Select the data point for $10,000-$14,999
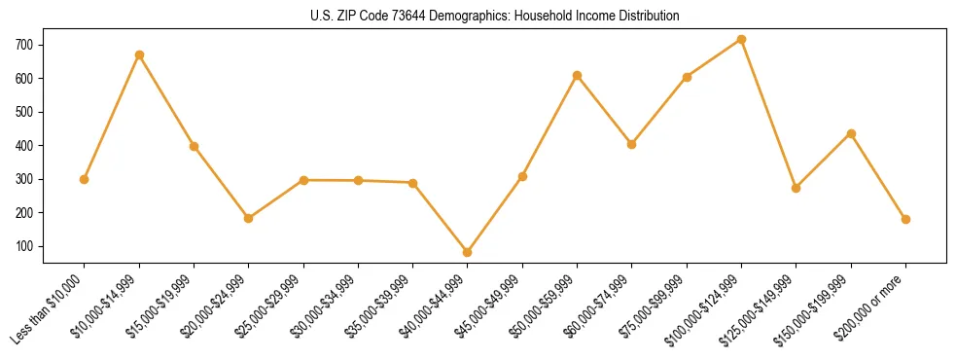tap(139, 54)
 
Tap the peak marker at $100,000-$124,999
tap(742, 39)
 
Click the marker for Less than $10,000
tap(85, 179)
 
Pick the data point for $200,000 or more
tap(906, 219)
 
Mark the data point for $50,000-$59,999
tap(578, 75)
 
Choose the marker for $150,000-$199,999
tap(851, 133)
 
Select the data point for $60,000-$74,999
tap(632, 144)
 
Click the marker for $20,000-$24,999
tap(249, 218)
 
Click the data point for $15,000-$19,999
tap(195, 146)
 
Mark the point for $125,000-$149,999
tap(797, 188)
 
